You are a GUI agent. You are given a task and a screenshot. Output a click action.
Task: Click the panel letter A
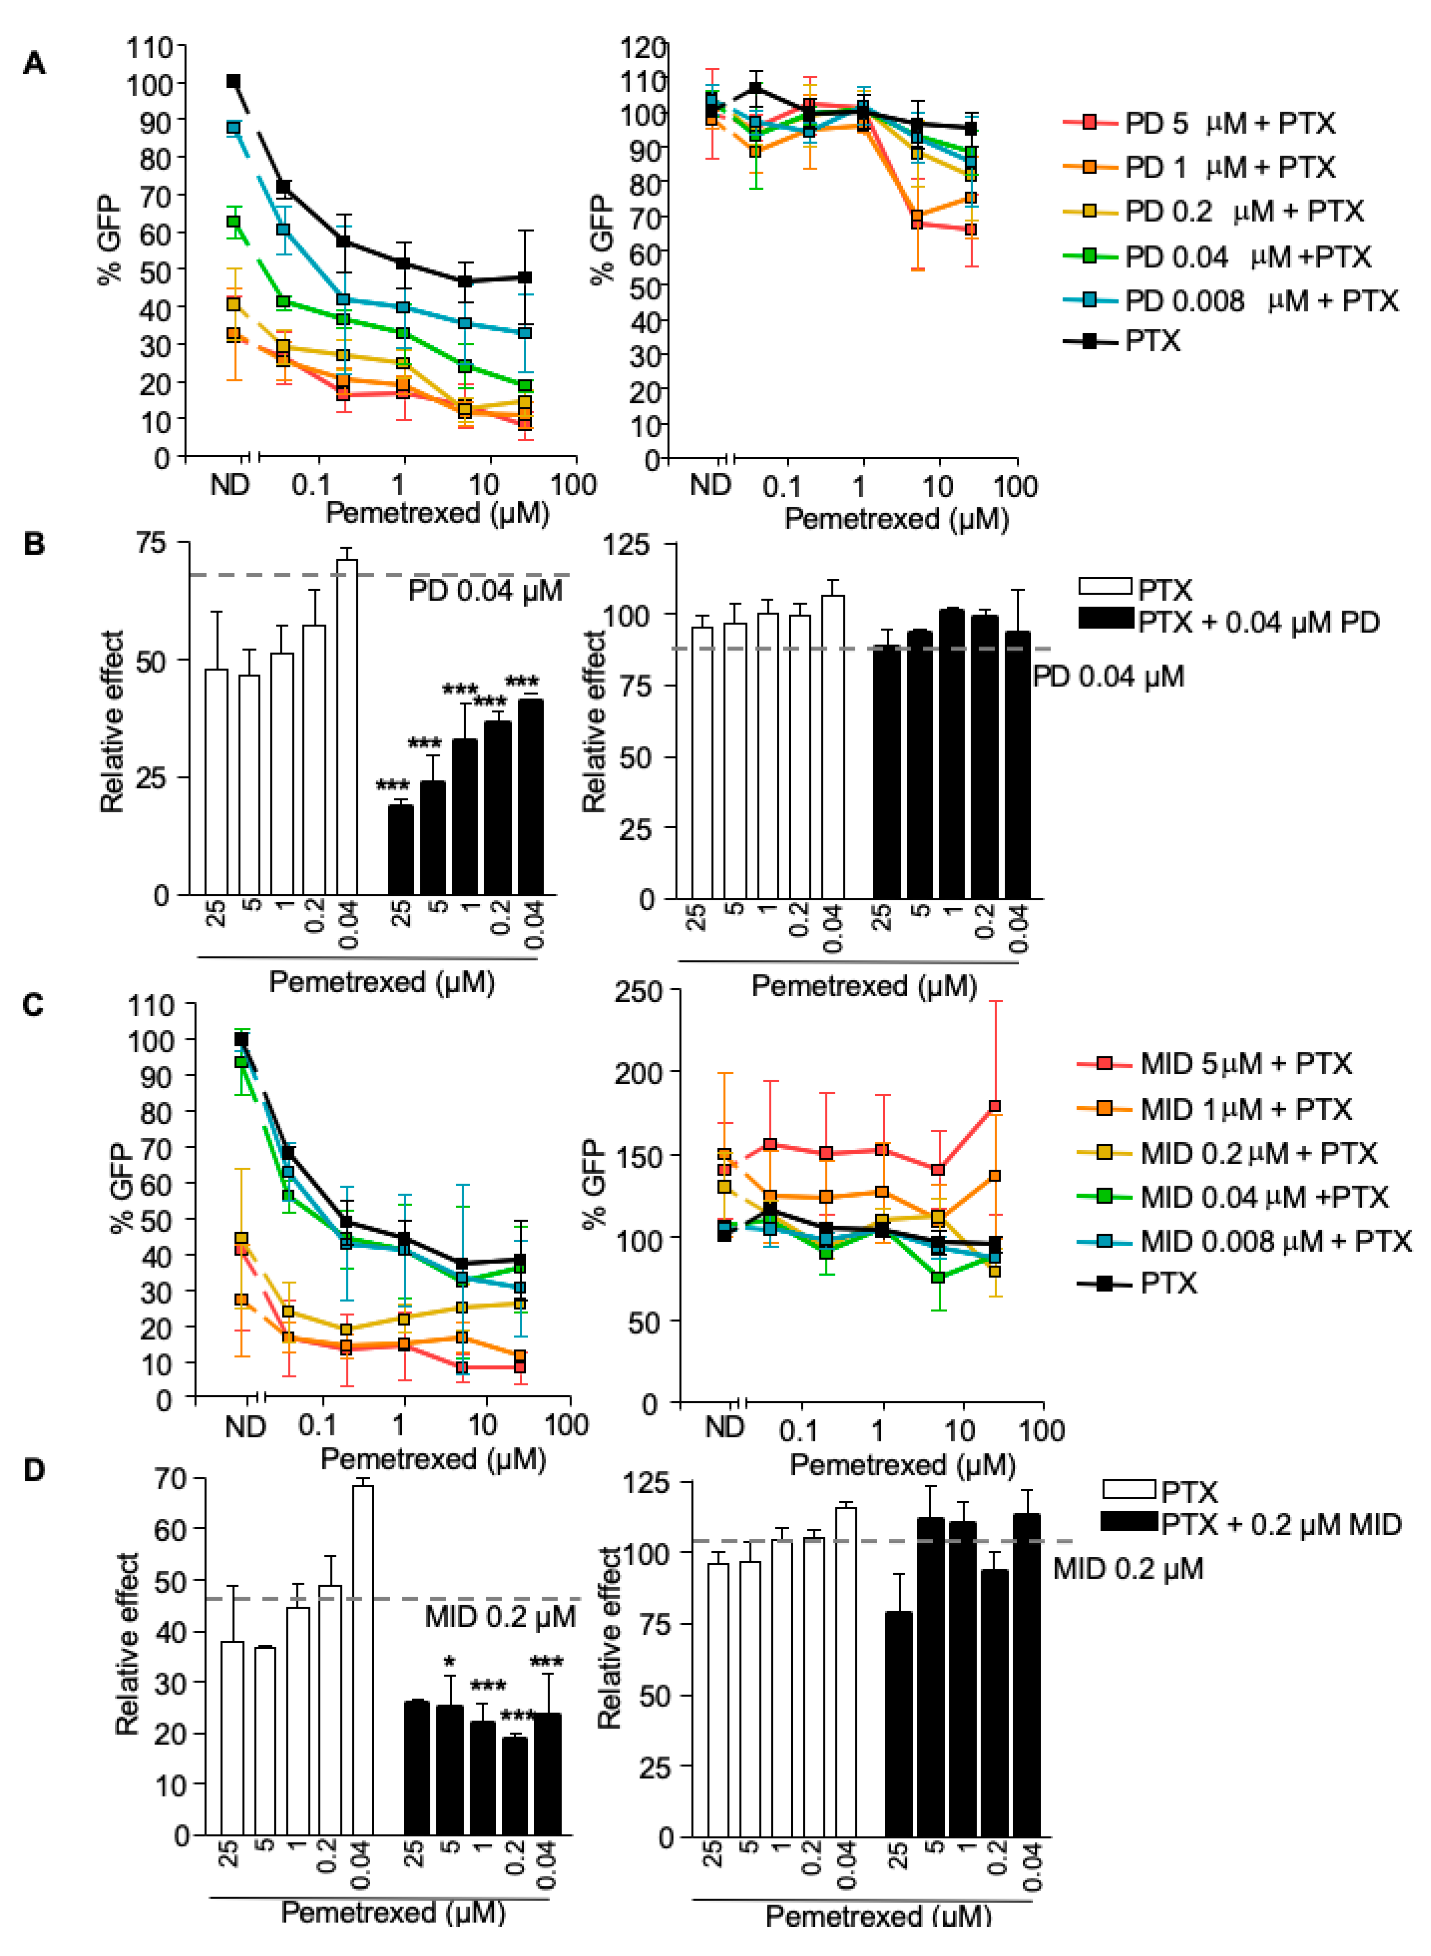pos(34,63)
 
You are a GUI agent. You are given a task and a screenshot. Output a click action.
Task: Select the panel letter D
pos(34,1470)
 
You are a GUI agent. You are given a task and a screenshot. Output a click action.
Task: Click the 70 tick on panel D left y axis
pos(170,1479)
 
